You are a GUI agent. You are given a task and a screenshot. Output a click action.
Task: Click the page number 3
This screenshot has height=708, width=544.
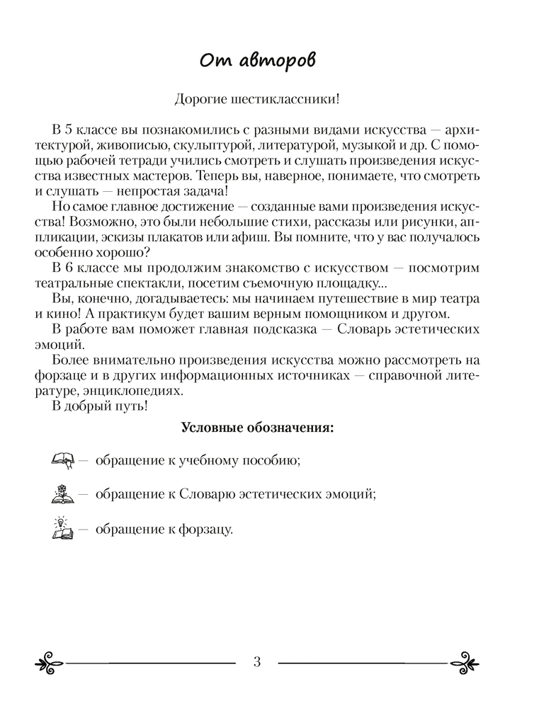pyautogui.click(x=257, y=662)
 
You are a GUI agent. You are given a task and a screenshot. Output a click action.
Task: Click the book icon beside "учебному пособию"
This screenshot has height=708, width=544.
pyautogui.click(x=63, y=462)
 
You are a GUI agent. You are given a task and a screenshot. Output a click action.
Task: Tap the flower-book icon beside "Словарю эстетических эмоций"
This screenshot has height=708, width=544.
pyautogui.click(x=63, y=495)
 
